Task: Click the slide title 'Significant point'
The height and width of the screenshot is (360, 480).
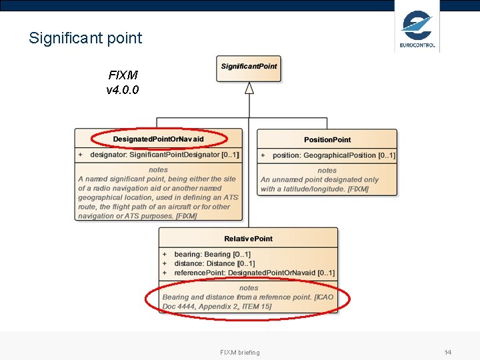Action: [x=85, y=38]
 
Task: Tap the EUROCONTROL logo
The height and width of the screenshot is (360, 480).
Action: [x=417, y=29]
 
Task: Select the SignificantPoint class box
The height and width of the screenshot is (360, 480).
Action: [x=249, y=67]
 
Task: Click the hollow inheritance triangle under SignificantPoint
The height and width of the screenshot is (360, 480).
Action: [x=249, y=88]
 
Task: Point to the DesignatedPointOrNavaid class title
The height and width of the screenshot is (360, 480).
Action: [x=158, y=139]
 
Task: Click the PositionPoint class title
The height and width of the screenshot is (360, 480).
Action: [x=327, y=139]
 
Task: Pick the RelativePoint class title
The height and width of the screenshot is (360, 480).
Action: [x=248, y=239]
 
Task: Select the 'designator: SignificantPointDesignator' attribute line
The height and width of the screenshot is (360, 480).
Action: [x=164, y=155]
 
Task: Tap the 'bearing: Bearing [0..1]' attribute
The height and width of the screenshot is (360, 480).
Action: [x=212, y=255]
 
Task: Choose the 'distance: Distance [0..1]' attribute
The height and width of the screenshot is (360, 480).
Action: [x=214, y=264]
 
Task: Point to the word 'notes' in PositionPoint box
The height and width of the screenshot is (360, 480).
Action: [x=327, y=171]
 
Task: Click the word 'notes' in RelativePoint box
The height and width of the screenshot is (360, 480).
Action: [x=249, y=288]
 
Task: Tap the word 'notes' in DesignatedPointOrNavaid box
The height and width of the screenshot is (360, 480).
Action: [x=158, y=170]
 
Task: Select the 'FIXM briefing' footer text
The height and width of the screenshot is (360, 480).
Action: [x=239, y=352]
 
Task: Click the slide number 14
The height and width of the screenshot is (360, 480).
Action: [x=447, y=352]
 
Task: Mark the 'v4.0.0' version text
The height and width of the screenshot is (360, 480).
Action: [x=123, y=90]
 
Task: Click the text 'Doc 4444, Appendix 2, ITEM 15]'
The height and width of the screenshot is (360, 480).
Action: [x=217, y=307]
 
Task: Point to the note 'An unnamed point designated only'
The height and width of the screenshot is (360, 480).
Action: [x=319, y=179]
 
